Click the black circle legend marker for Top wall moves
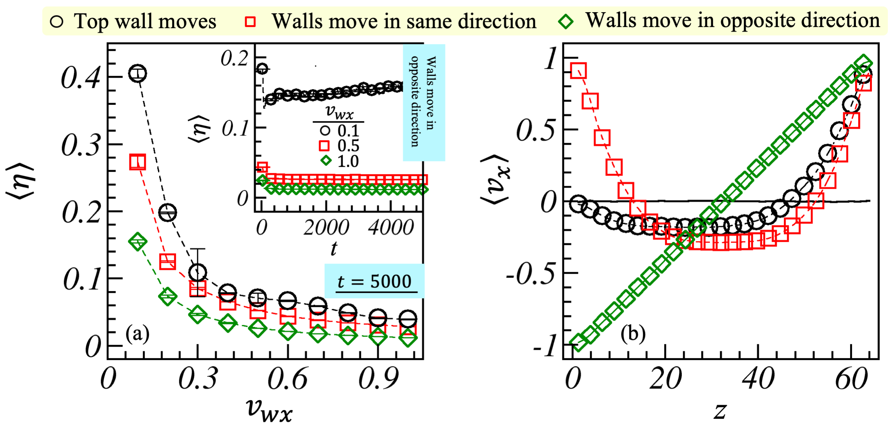(x=56, y=21)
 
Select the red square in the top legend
(x=250, y=21)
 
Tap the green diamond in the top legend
(x=565, y=21)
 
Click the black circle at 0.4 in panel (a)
(x=137, y=73)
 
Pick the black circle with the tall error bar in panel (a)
(x=197, y=272)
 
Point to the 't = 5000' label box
(x=374, y=281)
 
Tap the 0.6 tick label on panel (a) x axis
(x=287, y=379)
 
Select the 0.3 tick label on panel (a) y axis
(x=81, y=145)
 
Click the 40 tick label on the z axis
(x=758, y=379)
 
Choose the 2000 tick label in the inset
(x=326, y=228)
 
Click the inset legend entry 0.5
(x=348, y=146)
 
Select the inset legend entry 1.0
(x=348, y=161)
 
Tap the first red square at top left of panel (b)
(x=578, y=71)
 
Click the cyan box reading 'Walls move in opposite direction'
(x=424, y=102)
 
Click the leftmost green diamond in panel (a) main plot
(x=137, y=241)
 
